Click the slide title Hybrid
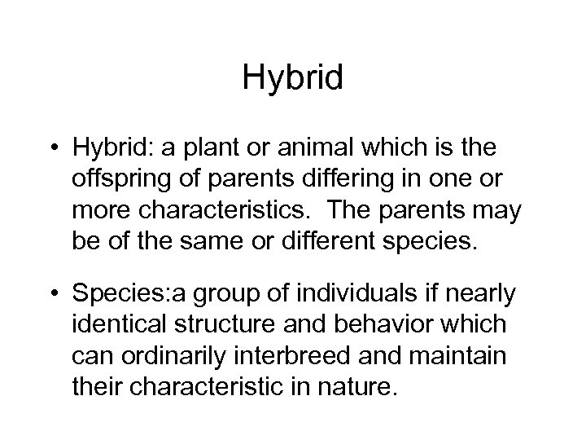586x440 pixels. tap(293, 79)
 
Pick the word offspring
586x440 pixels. tap(119, 180)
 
